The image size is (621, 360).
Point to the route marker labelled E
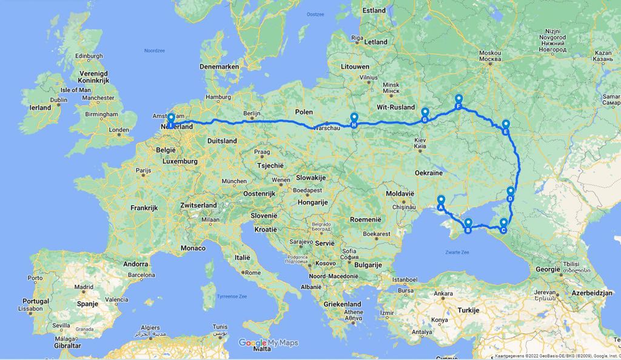click(505, 127)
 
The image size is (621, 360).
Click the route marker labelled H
click(354, 119)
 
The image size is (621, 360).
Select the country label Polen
click(304, 112)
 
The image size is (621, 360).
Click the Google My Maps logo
click(269, 343)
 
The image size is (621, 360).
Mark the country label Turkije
click(468, 310)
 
